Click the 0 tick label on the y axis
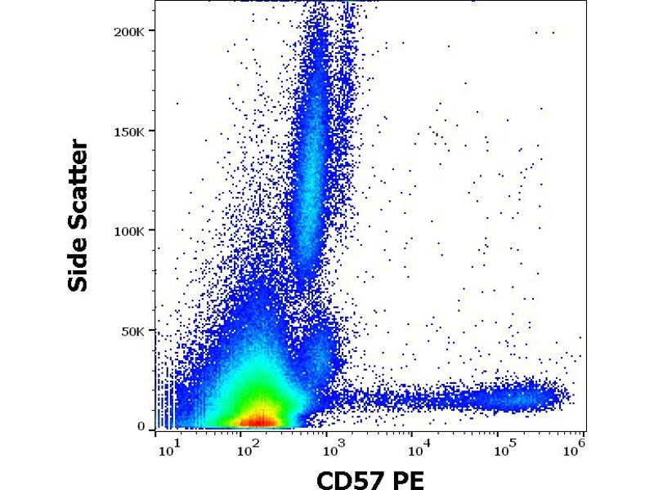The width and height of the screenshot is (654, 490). (x=141, y=426)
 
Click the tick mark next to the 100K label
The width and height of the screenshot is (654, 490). (x=152, y=231)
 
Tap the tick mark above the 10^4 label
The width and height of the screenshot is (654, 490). (x=419, y=432)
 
